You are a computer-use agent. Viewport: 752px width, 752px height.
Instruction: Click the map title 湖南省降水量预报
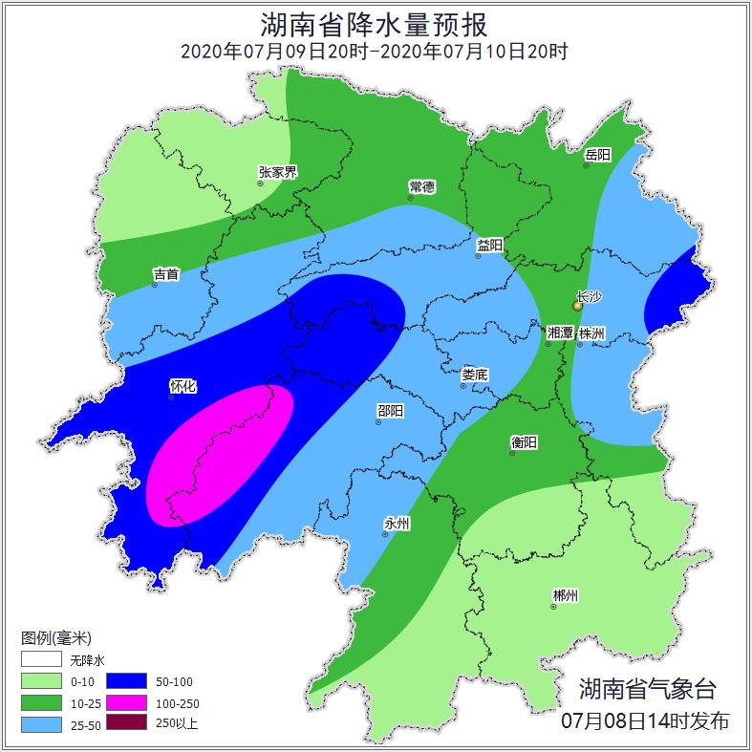(375, 23)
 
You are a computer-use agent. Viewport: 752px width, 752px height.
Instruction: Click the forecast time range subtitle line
(375, 51)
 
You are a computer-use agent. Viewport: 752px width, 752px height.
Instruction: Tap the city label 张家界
(278, 172)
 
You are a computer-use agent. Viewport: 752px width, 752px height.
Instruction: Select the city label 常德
(421, 185)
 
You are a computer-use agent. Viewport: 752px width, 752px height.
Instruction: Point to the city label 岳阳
(597, 154)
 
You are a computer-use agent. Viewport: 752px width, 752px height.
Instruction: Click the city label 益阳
(489, 245)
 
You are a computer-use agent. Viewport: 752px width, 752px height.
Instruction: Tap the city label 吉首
(166, 273)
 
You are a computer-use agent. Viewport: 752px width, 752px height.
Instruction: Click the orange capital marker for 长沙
(577, 306)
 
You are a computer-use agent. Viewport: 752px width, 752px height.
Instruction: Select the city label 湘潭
(560, 333)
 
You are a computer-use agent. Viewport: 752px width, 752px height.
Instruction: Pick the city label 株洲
(591, 333)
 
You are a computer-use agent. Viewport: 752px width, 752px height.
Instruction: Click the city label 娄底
(474, 375)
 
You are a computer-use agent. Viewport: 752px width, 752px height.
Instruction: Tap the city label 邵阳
(390, 410)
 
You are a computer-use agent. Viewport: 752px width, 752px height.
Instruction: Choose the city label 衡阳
(524, 441)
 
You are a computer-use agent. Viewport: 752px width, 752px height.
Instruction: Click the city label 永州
(397, 523)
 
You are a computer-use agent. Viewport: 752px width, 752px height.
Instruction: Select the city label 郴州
(565, 595)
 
